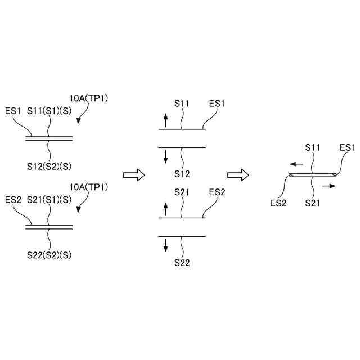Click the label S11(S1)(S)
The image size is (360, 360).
49,111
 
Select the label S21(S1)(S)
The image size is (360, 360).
49,200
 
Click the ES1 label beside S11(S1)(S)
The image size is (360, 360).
13,111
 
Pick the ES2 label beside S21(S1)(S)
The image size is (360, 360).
13,200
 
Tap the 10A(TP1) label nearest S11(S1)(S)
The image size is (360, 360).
89,98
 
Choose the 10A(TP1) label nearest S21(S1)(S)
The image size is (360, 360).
89,187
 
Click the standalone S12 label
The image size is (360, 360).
182,173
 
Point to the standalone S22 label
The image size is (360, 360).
182,261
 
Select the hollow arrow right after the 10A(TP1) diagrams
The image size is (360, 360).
134,175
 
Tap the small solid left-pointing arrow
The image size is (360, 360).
297,164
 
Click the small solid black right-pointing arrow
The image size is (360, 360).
330,185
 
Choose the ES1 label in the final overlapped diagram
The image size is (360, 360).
348,148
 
